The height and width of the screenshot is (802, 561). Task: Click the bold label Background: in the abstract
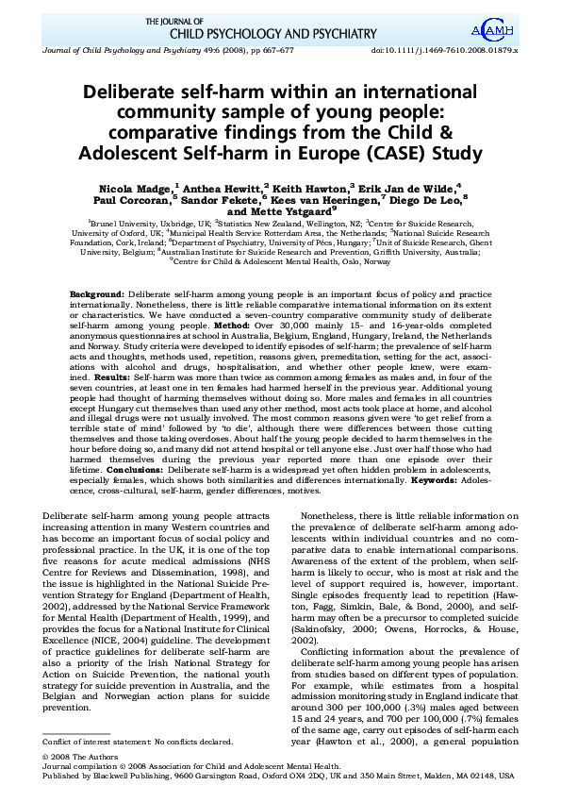click(97, 295)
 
